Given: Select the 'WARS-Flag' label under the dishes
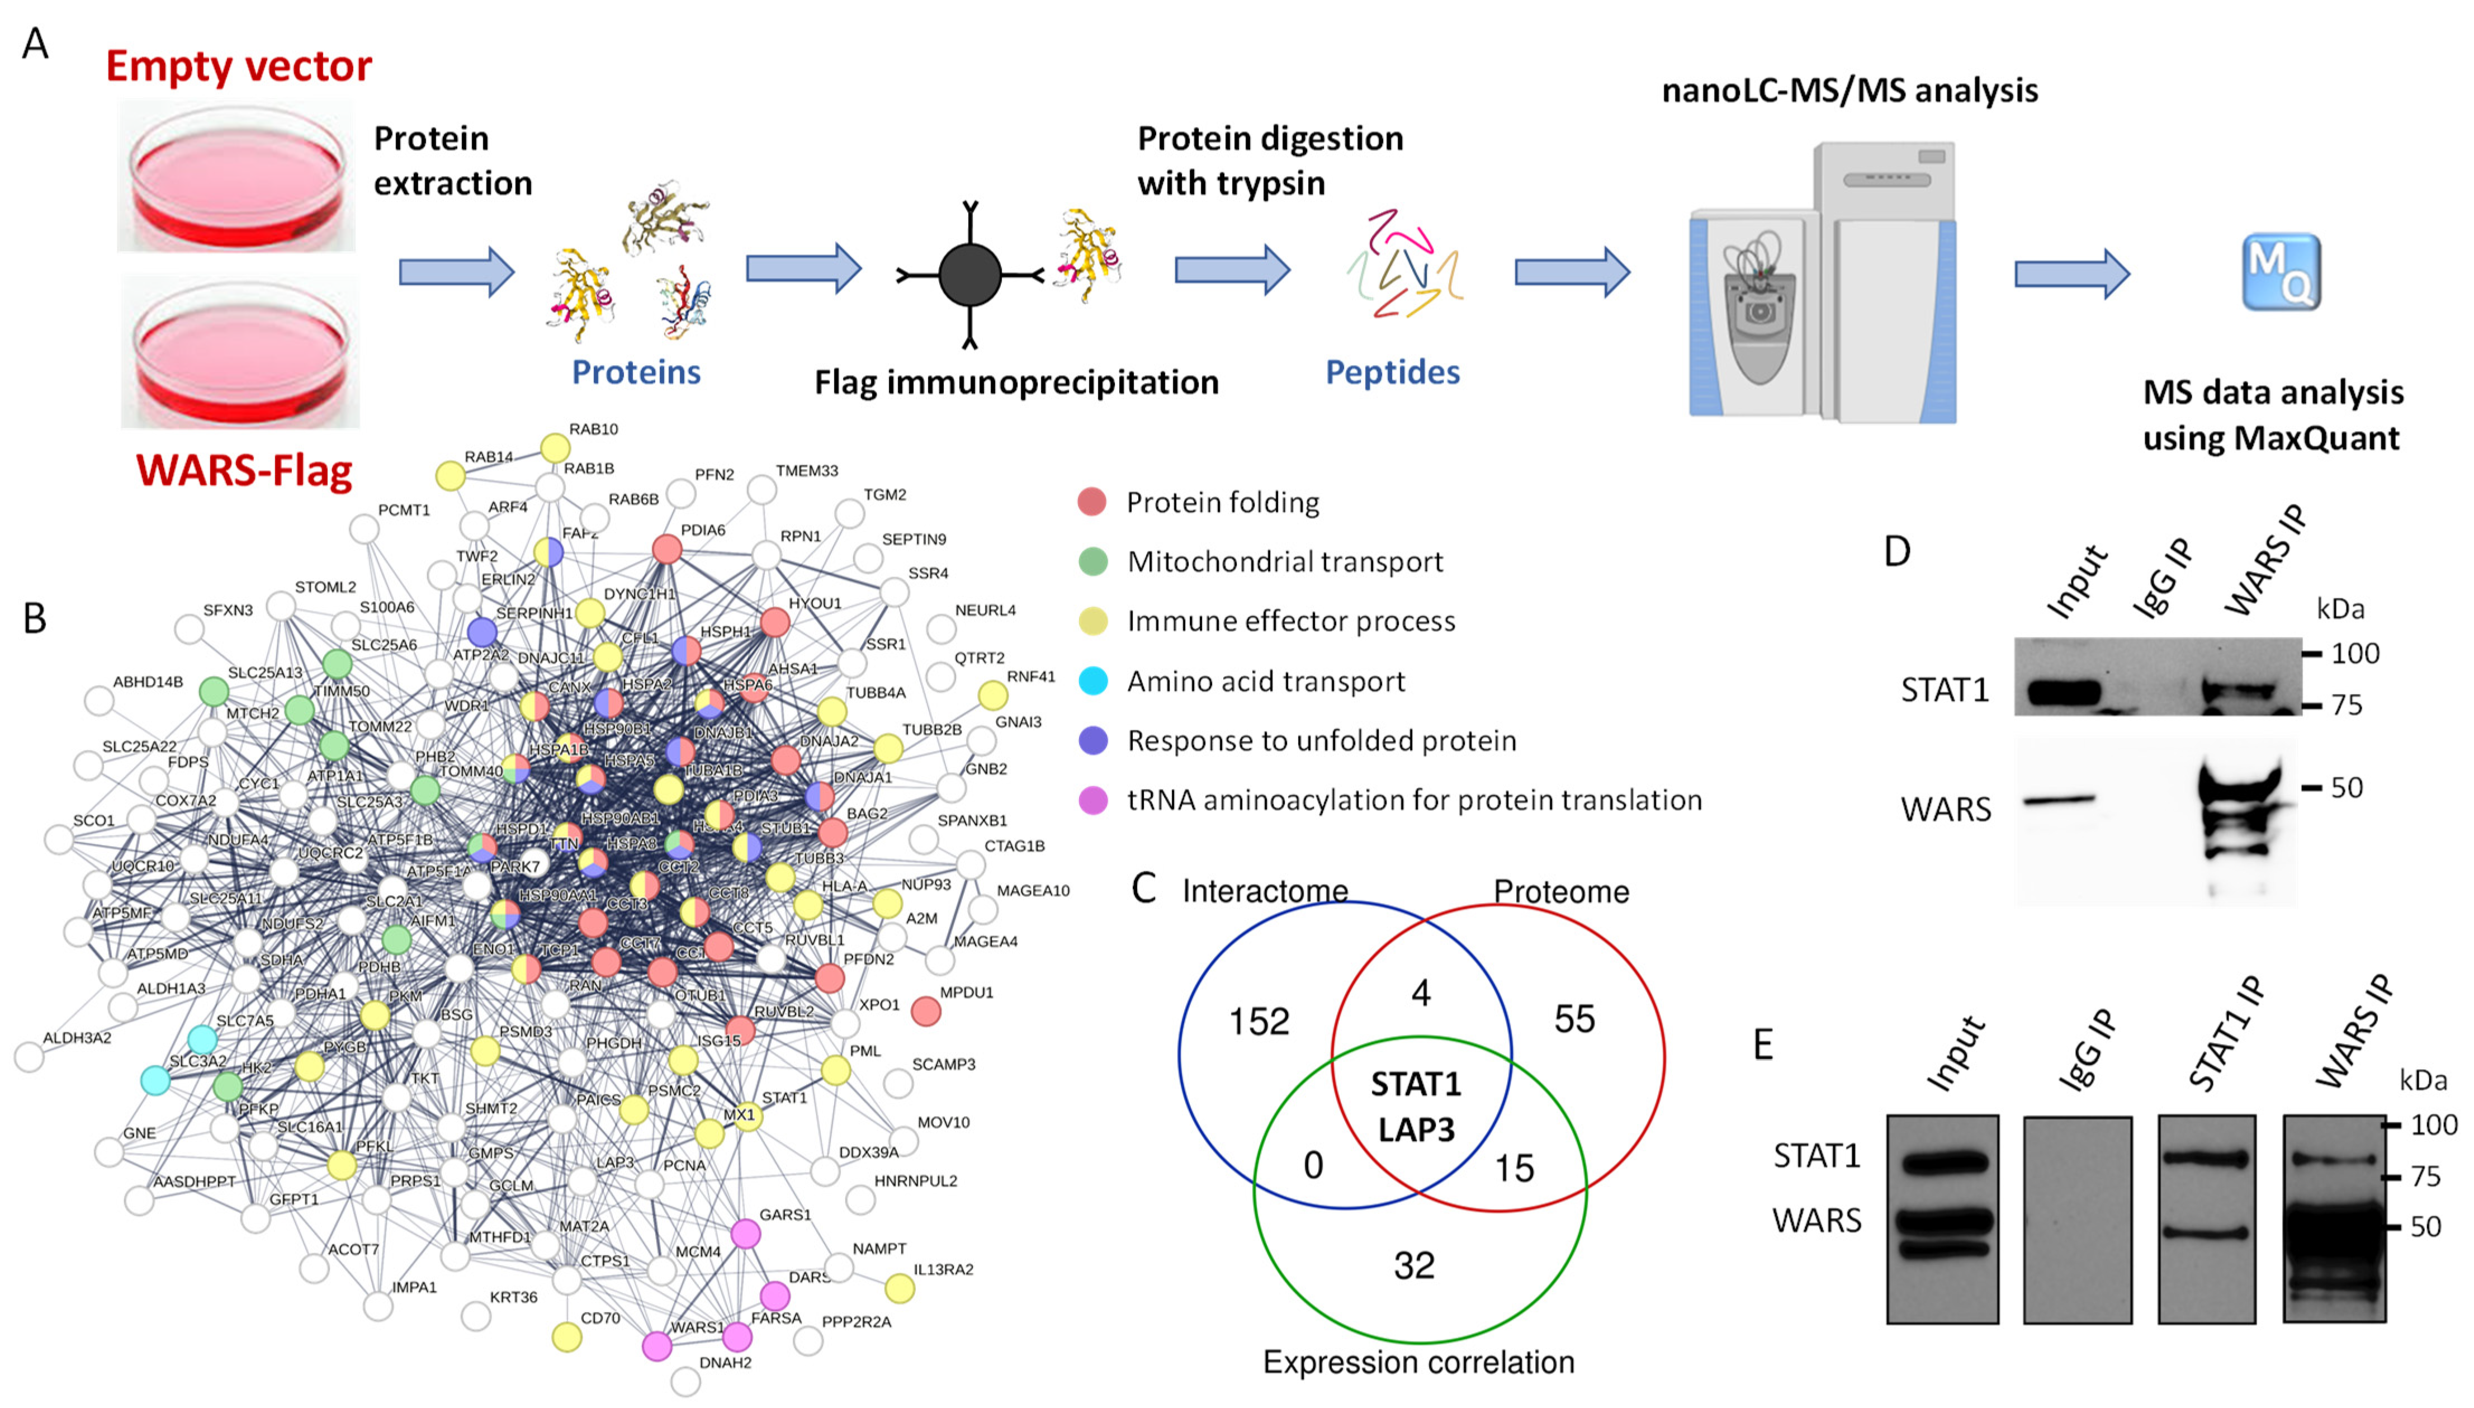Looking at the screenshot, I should click(x=244, y=471).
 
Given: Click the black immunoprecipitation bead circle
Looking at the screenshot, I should click(x=969, y=275).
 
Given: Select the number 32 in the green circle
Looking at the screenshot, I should click(x=1413, y=1265).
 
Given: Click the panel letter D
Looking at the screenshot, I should click(x=1897, y=551).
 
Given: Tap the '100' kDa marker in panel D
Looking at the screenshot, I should click(x=2354, y=654).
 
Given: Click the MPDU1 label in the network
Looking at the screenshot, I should click(x=966, y=992).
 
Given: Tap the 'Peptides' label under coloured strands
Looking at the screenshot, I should click(x=1392, y=372).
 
